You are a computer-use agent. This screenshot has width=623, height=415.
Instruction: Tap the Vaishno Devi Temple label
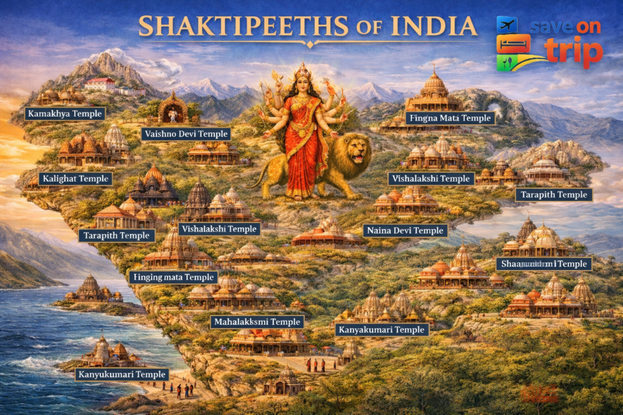(186, 134)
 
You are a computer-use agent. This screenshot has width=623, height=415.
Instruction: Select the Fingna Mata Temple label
(450, 118)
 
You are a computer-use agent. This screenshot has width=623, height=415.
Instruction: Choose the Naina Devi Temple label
(405, 231)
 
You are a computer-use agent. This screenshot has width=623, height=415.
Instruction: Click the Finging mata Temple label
(173, 277)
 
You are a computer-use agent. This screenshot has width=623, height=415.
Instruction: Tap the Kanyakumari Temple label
(381, 330)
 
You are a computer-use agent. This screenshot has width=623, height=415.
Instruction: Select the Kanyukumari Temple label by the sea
(122, 374)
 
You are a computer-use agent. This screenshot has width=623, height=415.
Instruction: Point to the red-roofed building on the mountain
(99, 83)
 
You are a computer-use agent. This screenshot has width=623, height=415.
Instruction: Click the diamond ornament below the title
(310, 44)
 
